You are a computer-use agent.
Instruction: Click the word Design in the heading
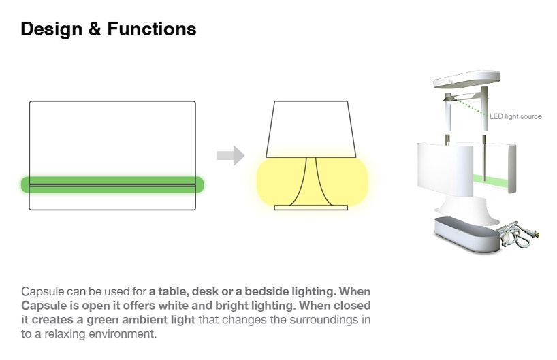coord(52,29)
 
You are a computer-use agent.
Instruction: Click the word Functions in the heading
coord(152,29)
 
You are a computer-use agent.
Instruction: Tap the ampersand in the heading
coord(95,29)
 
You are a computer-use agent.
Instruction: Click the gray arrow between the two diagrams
coord(231,156)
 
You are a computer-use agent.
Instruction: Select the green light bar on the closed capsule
coord(112,184)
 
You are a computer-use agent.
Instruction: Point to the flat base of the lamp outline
coord(311,208)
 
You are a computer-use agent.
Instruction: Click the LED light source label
coord(515,116)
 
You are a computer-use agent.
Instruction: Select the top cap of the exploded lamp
coord(466,79)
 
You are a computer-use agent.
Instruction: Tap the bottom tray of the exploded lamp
coord(467,234)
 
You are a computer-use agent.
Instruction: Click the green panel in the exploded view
coord(490,182)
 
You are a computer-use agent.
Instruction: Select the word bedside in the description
coord(266,291)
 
